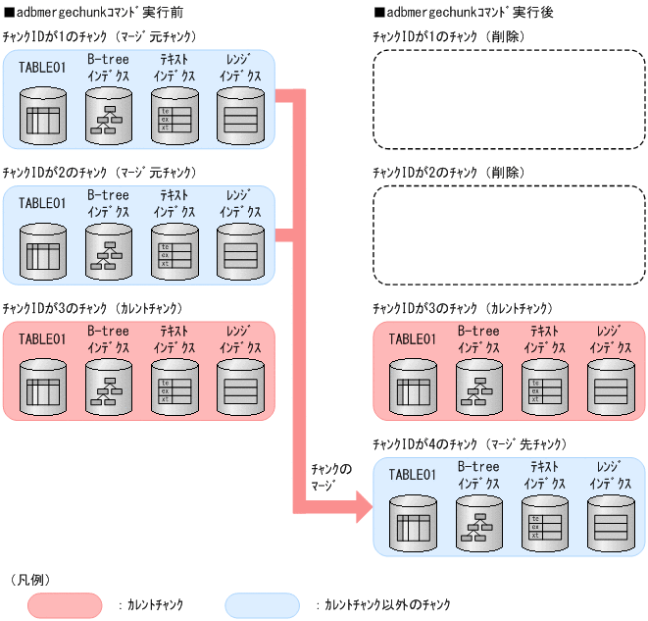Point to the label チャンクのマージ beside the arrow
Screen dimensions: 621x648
329,479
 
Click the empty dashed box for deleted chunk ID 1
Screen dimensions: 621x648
508,99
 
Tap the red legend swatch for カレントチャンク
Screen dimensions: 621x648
66,604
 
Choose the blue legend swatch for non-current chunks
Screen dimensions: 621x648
262,604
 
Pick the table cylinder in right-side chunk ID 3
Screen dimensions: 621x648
413,385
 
